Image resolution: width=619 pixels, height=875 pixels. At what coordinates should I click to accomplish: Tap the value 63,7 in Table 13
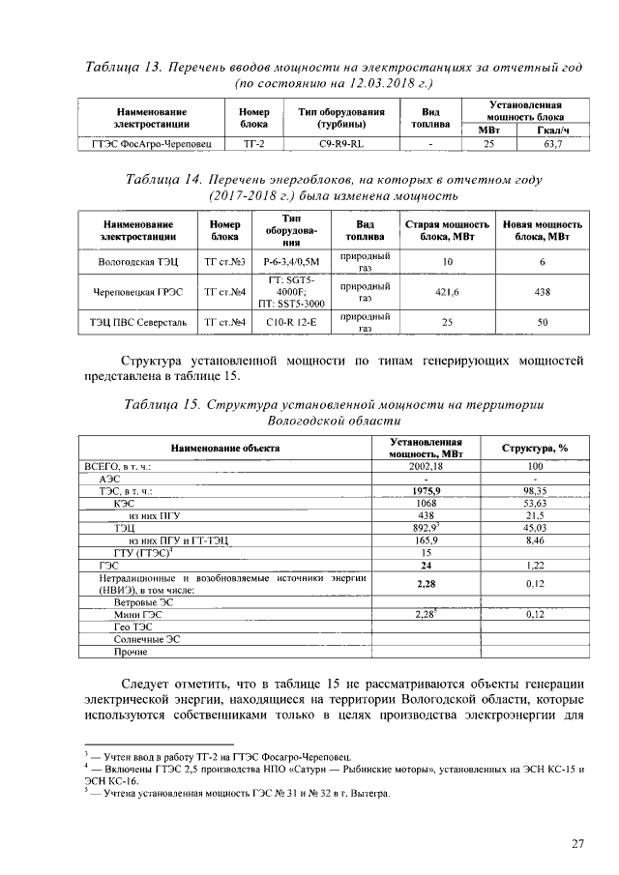(553, 144)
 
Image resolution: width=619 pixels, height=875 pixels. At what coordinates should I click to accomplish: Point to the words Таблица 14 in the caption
(165, 180)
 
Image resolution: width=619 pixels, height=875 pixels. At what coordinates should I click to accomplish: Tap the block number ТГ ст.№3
(224, 262)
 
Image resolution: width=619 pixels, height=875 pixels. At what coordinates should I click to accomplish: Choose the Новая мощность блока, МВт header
(542, 230)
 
